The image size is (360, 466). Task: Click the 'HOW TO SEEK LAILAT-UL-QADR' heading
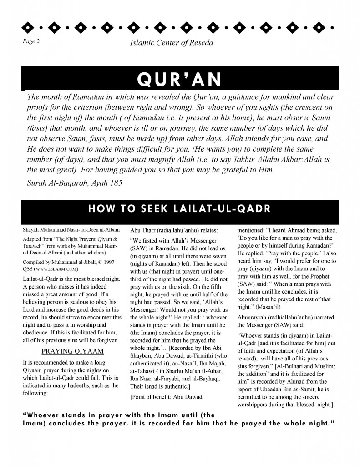(x=179, y=209)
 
